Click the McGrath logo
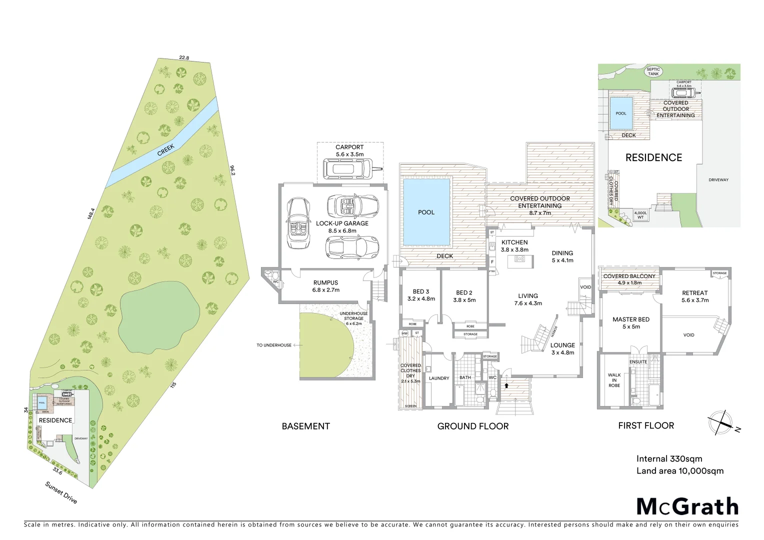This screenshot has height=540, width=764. [687, 506]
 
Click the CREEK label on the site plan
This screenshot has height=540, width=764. [165, 150]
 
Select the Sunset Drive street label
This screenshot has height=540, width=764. [61, 492]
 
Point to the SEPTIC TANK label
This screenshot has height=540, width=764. [653, 71]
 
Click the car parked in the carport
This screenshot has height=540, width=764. [347, 168]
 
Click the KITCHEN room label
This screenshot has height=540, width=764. [514, 242]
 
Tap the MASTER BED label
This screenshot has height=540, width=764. [630, 319]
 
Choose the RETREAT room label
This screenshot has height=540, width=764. [694, 293]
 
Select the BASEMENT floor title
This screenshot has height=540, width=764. [305, 426]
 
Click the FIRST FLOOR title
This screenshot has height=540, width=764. [646, 426]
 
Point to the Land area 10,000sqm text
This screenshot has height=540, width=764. [679, 471]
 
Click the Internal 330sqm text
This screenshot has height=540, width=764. [669, 459]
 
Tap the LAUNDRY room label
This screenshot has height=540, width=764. [438, 378]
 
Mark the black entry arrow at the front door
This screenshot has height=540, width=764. [506, 385]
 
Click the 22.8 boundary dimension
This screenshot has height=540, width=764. [184, 58]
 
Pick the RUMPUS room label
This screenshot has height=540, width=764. [325, 283]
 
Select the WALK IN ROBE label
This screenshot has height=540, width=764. [614, 380]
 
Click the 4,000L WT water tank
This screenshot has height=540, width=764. [640, 215]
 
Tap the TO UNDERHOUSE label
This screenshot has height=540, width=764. [274, 345]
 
